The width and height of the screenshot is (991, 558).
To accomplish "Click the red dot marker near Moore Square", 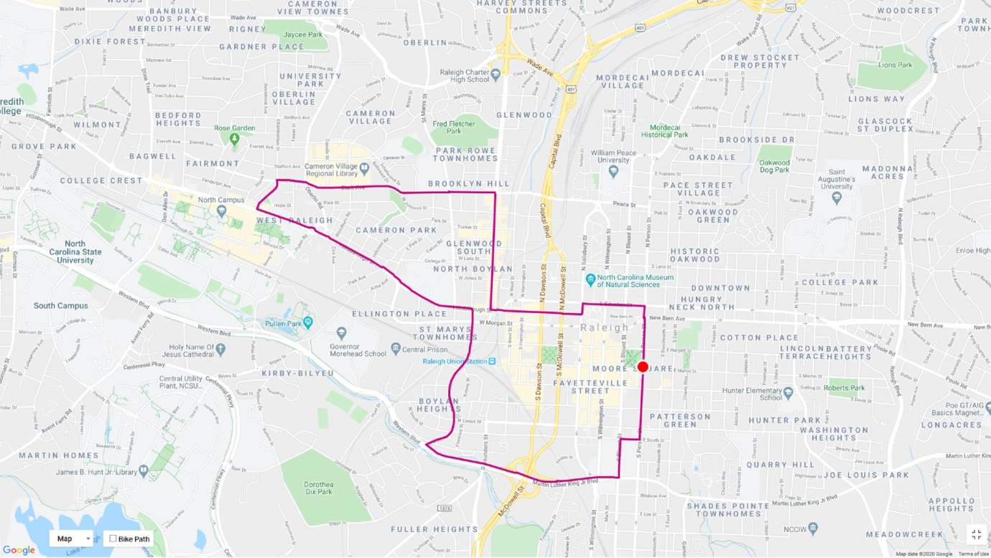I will point(643,367).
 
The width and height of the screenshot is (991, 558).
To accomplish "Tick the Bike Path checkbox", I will point(113,539).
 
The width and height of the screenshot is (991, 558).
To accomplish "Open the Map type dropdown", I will point(72,539).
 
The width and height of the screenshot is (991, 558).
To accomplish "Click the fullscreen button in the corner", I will point(976,534).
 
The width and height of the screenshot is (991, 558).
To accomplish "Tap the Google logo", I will point(19,550).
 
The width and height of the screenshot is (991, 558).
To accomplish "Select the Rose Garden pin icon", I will point(234,138).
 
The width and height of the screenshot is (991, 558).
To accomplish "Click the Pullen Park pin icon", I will point(308,321).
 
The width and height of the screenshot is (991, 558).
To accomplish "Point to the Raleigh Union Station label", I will point(454,361).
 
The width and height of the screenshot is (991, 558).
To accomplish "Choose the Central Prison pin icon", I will point(395,350).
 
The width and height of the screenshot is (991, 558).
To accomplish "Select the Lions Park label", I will point(894,65).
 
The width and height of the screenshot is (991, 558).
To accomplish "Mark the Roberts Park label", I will point(845,388).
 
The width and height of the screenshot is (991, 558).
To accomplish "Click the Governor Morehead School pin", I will point(341,333).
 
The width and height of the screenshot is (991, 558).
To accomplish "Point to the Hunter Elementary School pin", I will point(788,393).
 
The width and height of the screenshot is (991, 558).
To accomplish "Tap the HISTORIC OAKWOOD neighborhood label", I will point(694,254).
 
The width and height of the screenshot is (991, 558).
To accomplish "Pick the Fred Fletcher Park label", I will point(454,128).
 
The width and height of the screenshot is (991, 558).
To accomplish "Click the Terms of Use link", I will point(974,554).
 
